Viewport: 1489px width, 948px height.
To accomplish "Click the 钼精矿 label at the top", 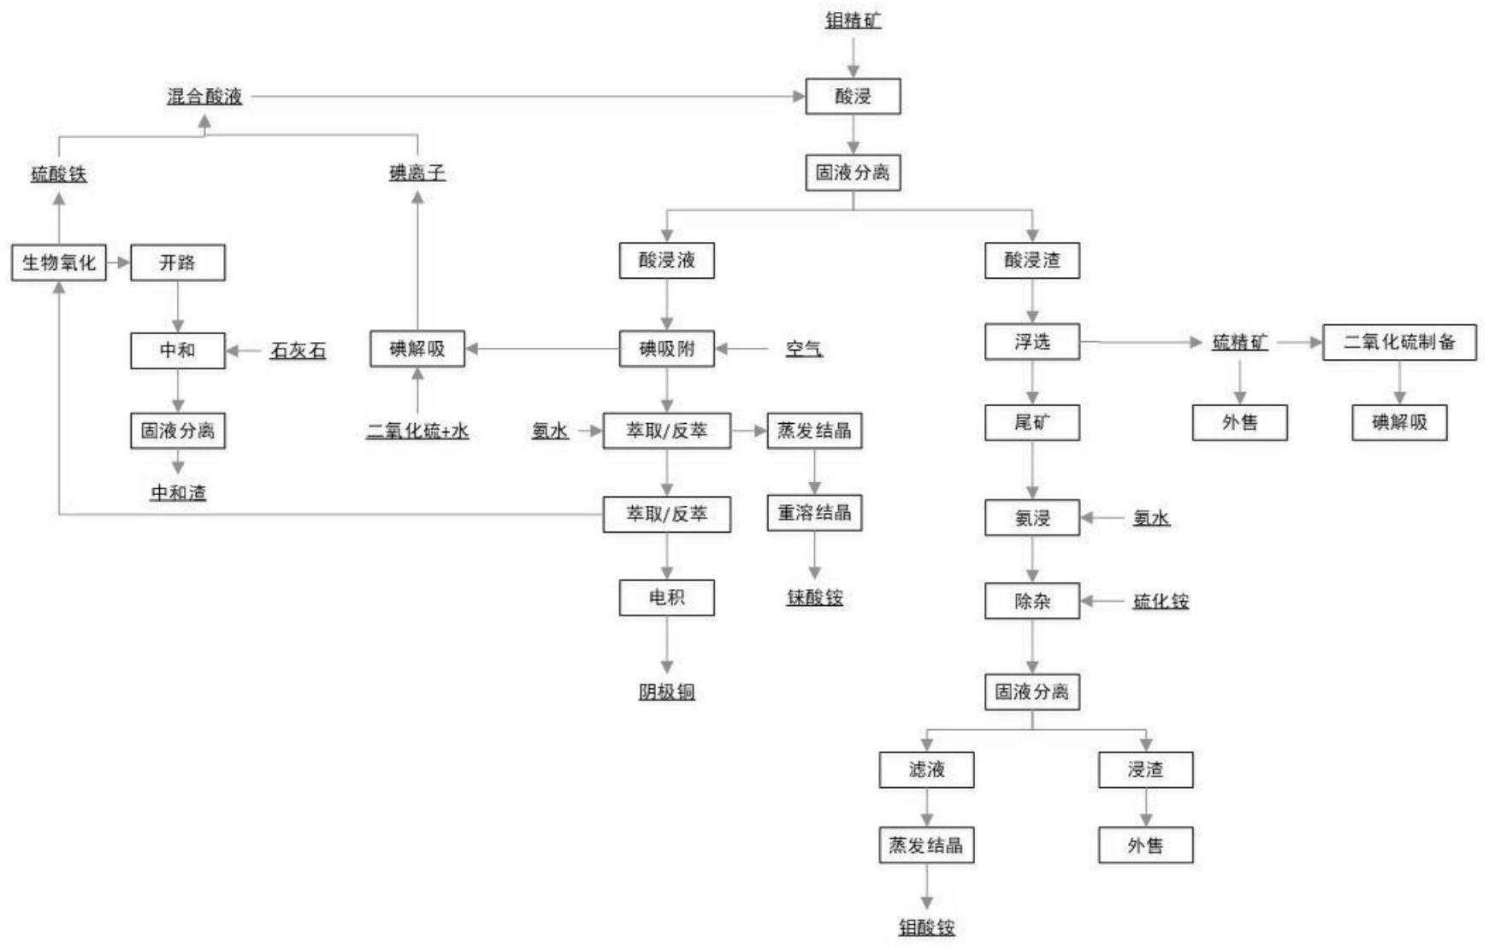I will pyautogui.click(x=853, y=21).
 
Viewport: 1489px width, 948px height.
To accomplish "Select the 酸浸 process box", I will pyautogui.click(x=853, y=97).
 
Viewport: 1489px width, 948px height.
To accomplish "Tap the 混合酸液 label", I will pyautogui.click(x=204, y=97).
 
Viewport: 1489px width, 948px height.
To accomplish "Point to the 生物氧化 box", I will pyautogui.click(x=58, y=262).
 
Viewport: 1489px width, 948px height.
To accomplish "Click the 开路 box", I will pyautogui.click(x=177, y=262).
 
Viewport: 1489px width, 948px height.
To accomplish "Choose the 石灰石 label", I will pyautogui.click(x=298, y=350).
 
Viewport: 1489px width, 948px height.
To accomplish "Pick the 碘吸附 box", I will pyautogui.click(x=666, y=349).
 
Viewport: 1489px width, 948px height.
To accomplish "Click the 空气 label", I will pyautogui.click(x=804, y=349).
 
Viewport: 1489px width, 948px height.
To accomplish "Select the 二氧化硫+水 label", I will pyautogui.click(x=417, y=431).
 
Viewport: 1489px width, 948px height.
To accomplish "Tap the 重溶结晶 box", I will pyautogui.click(x=814, y=513).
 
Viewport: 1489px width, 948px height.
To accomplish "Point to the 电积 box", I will pyautogui.click(x=666, y=598).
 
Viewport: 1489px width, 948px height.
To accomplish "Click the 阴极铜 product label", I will pyautogui.click(x=666, y=692).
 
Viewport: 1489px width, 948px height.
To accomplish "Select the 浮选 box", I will pyautogui.click(x=1031, y=342).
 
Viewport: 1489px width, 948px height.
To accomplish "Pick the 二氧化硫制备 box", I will pyautogui.click(x=1398, y=342).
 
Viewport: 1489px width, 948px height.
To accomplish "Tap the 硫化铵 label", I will pyautogui.click(x=1161, y=601).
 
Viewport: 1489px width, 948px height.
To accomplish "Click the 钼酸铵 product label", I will pyautogui.click(x=926, y=927).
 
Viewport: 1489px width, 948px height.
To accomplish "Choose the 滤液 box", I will pyautogui.click(x=926, y=769).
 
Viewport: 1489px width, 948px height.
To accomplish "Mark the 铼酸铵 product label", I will pyautogui.click(x=814, y=598).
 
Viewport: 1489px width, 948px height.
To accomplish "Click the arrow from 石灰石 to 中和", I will pyautogui.click(x=246, y=350).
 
